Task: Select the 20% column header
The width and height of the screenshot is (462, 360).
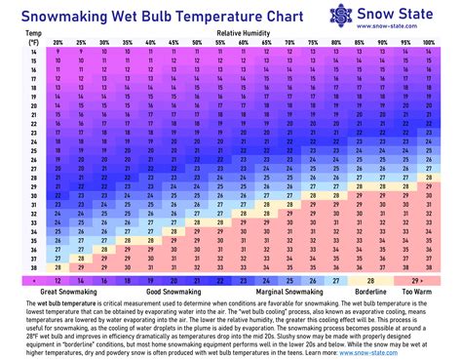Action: click(58, 43)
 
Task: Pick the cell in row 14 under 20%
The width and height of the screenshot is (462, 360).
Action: click(58, 52)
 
